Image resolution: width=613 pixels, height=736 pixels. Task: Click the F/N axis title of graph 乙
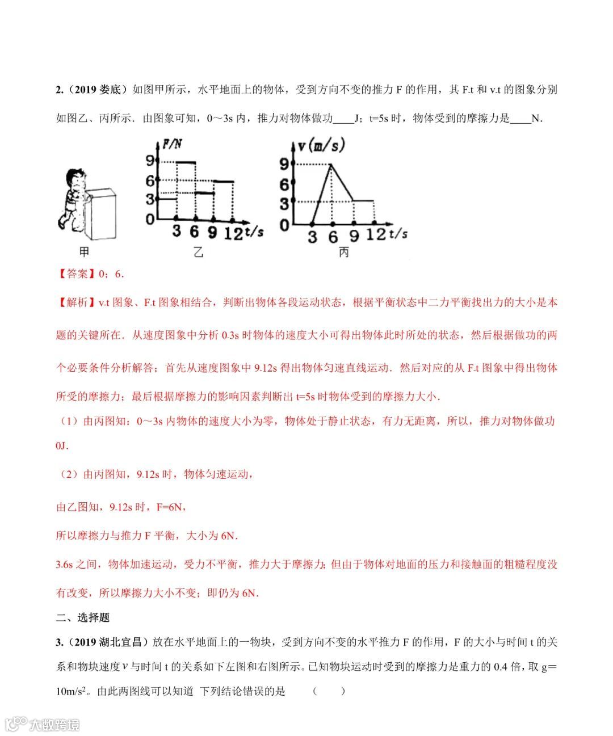172,144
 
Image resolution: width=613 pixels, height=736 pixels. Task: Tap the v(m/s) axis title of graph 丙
321,145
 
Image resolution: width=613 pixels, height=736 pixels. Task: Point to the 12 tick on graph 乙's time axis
233,232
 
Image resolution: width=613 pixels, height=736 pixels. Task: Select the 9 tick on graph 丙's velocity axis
284,165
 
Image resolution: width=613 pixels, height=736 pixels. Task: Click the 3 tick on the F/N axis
150,199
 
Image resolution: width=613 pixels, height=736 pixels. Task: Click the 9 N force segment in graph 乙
186,163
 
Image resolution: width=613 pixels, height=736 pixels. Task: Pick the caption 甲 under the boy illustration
84,252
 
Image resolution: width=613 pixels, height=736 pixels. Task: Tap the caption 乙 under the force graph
198,252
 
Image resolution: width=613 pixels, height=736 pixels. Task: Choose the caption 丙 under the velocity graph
343,252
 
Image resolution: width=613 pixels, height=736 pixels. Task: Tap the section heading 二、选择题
83,617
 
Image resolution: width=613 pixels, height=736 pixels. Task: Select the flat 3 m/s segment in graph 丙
363,200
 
